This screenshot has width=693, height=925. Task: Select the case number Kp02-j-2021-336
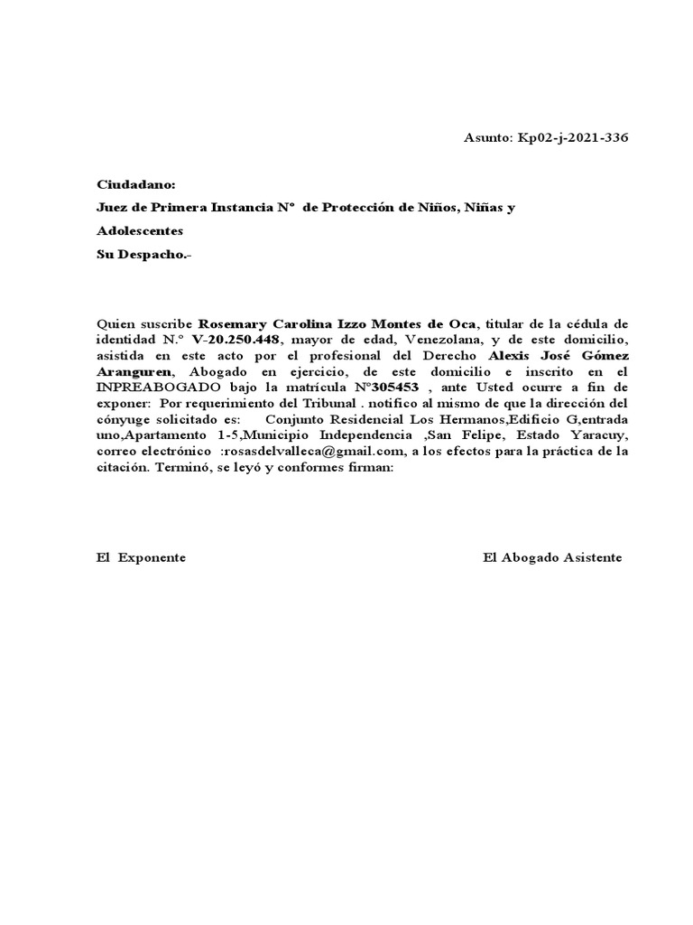[571, 138]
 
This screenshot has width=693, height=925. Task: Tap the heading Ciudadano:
[130, 184]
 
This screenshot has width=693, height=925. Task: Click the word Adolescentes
[140, 231]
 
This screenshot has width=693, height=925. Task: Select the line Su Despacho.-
[144, 254]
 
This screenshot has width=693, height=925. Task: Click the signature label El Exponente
[142, 557]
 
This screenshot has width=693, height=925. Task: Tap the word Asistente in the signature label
[593, 557]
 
